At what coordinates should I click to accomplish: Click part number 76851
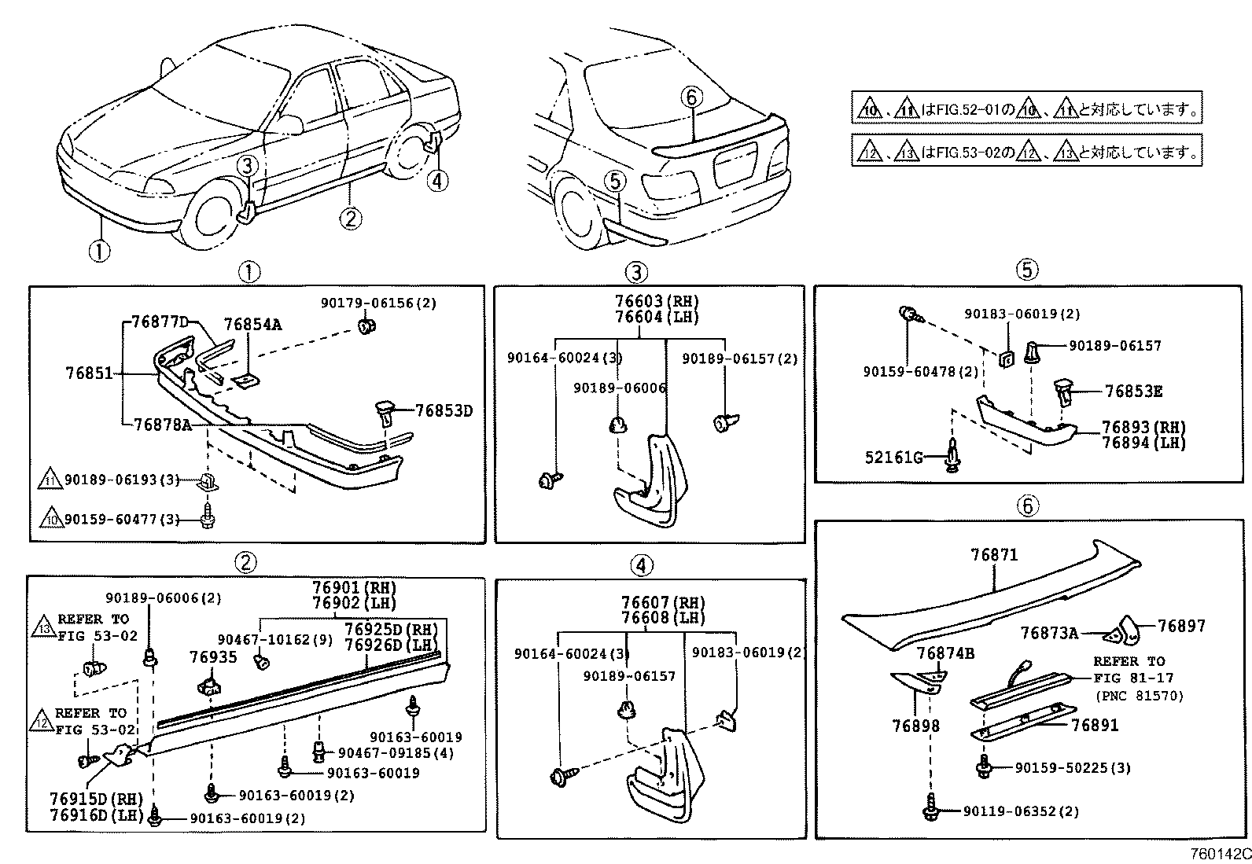(x=89, y=375)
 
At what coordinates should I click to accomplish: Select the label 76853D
(x=444, y=410)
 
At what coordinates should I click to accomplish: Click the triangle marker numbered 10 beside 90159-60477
(x=50, y=520)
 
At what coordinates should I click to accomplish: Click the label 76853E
(x=1133, y=391)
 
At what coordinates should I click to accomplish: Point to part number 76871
(x=994, y=555)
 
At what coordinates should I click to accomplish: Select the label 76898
(x=916, y=725)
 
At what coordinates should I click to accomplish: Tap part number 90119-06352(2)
(x=1020, y=811)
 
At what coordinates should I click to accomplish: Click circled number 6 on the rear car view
(x=690, y=97)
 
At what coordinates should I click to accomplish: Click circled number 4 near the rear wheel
(x=437, y=181)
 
